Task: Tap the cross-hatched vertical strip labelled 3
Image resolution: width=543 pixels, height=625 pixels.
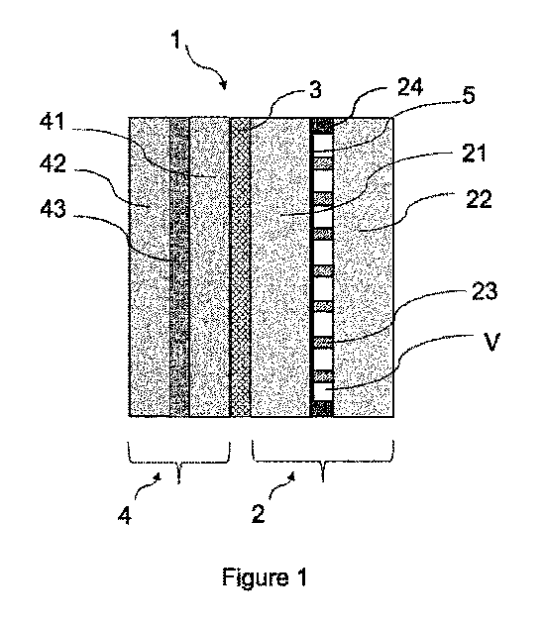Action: [239, 267]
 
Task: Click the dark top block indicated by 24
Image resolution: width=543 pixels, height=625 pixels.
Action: [321, 125]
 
